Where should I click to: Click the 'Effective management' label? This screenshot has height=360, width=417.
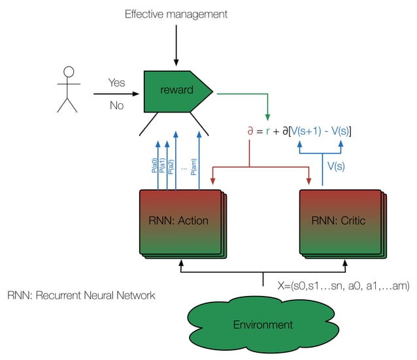[x=176, y=14]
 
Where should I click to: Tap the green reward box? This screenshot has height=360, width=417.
[x=177, y=90]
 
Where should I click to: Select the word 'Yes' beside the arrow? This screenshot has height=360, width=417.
[x=116, y=83]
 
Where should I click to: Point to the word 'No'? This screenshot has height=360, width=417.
[x=116, y=105]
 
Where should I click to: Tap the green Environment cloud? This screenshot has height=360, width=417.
[x=263, y=324]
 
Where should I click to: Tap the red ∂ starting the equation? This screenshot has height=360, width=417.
[x=250, y=131]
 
